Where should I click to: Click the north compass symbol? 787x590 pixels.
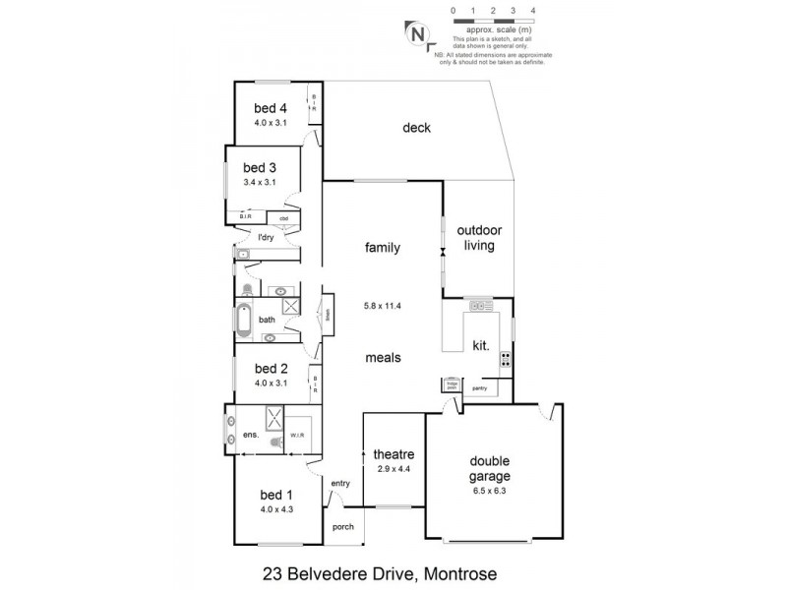[x=418, y=32]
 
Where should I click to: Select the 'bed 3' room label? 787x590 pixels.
[x=261, y=167]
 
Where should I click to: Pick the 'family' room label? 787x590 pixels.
[x=383, y=248]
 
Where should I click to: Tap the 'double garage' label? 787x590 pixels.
[x=494, y=467]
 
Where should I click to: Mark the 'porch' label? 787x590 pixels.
[x=342, y=526]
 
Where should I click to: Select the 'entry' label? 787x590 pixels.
[x=340, y=483]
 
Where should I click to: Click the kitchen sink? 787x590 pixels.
[x=479, y=306]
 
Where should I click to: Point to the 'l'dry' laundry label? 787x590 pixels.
[x=265, y=239]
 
